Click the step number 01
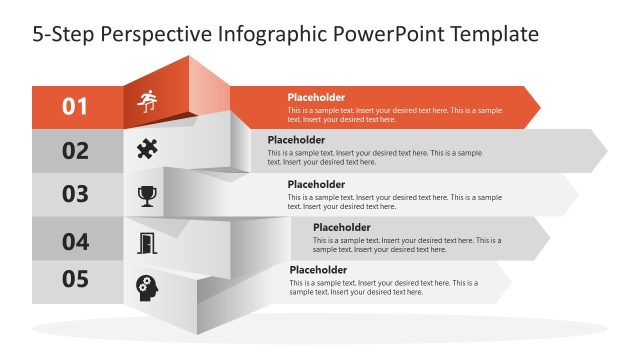(x=76, y=105)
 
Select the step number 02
(x=76, y=151)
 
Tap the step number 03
(x=76, y=195)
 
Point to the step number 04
(x=76, y=241)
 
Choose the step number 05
(x=76, y=279)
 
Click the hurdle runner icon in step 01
(x=147, y=102)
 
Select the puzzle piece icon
(x=147, y=149)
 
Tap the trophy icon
(x=147, y=194)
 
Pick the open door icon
(x=147, y=242)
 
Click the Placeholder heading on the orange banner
(x=316, y=97)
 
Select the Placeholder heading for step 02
(x=296, y=140)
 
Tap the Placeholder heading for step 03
(x=316, y=184)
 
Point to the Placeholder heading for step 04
(x=341, y=227)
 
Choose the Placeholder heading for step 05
(x=318, y=270)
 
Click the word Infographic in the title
(x=270, y=34)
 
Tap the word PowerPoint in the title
(x=385, y=34)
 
